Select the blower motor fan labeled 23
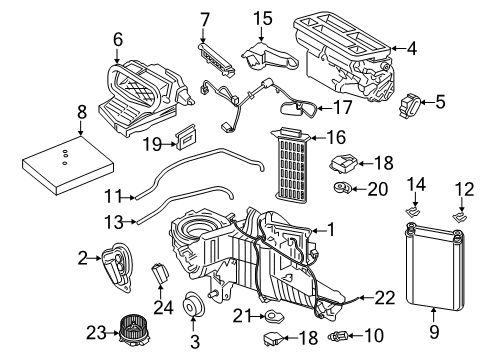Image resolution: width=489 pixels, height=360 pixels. (129, 328)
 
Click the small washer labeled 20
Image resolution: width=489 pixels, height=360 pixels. (342, 188)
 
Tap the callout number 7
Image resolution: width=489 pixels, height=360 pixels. (204, 19)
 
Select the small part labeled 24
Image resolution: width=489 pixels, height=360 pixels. (160, 271)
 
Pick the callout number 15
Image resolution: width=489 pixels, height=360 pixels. (262, 19)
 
